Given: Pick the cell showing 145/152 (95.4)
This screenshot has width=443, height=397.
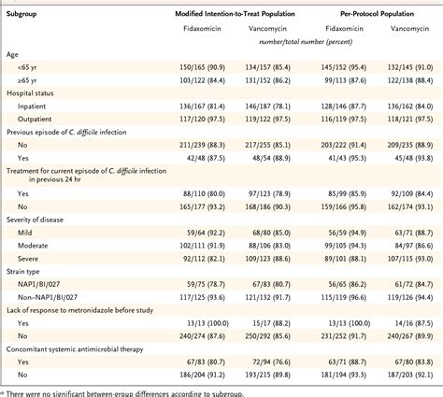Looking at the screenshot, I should point(342,70).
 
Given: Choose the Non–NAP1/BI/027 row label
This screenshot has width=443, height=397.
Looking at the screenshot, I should point(50,301).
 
